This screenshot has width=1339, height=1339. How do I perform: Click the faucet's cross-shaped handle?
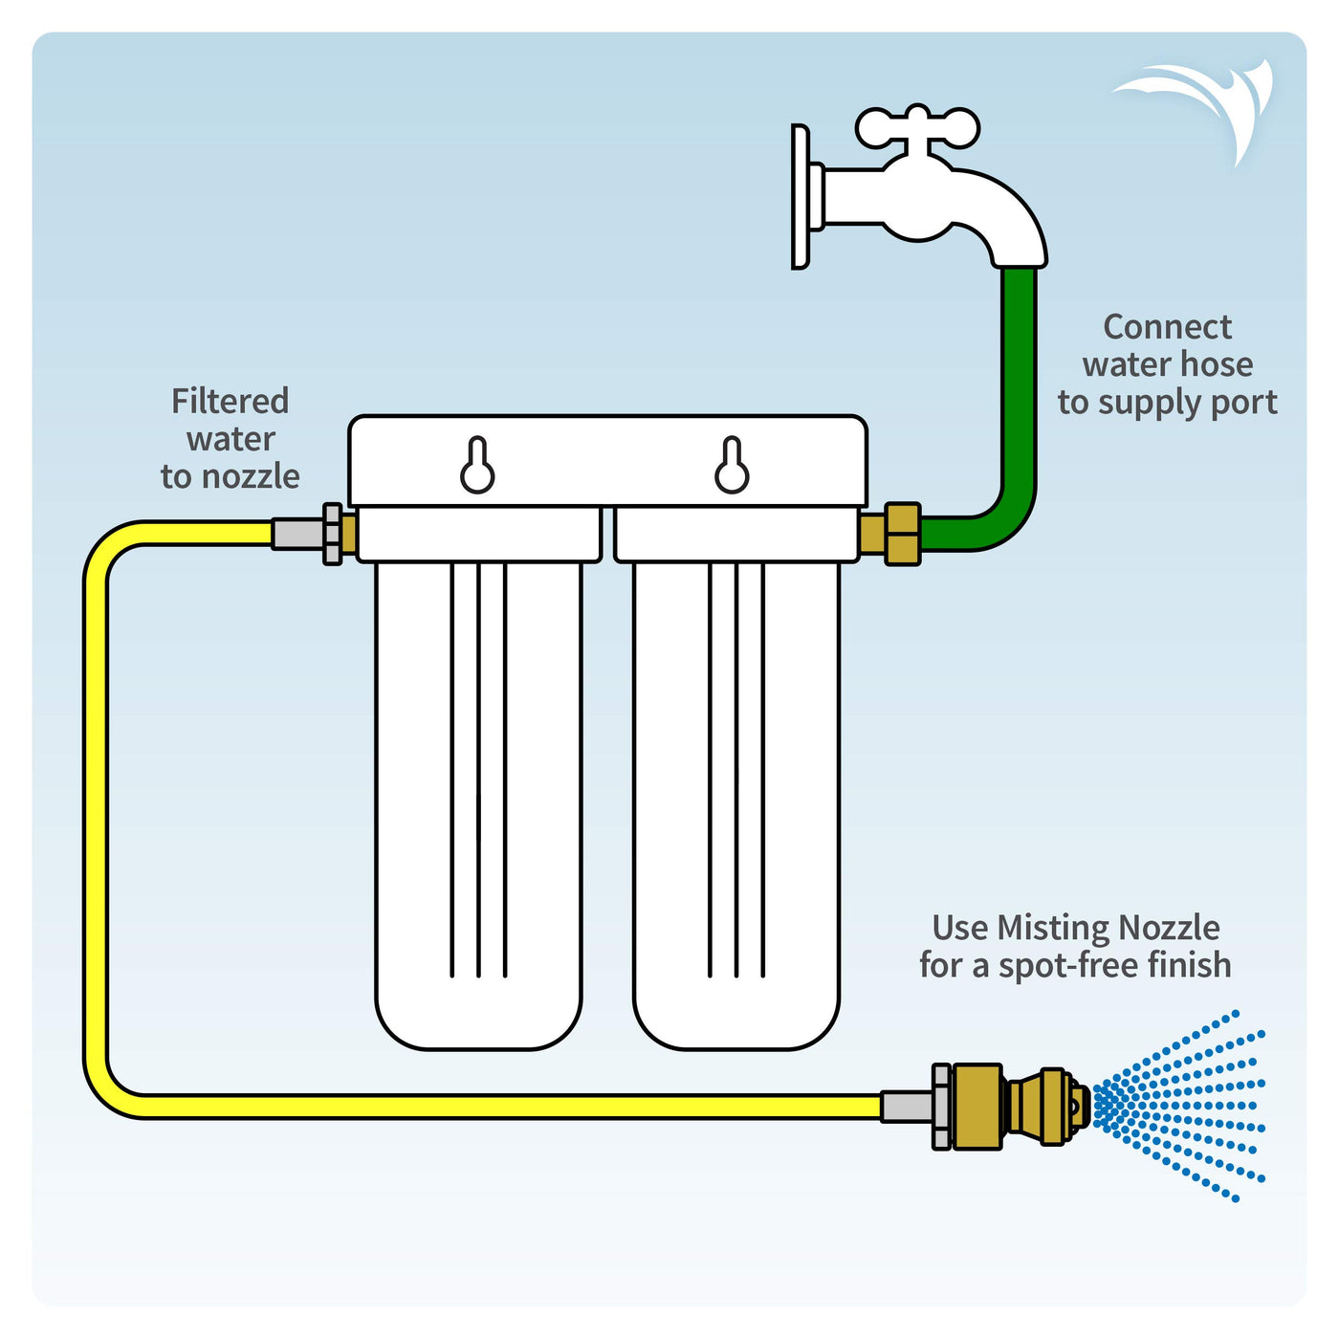pyautogui.click(x=917, y=127)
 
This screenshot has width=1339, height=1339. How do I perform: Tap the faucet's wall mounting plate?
pyautogui.click(x=801, y=197)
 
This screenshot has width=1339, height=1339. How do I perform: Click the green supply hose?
pyautogui.click(x=1020, y=402)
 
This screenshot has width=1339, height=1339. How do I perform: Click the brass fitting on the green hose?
pyautogui.click(x=902, y=534)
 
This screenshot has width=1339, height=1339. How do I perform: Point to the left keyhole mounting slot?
pyautogui.click(x=477, y=467)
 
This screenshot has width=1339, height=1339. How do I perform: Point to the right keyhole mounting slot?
pyautogui.click(x=732, y=467)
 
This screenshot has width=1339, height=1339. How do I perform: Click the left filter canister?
pyautogui.click(x=478, y=803)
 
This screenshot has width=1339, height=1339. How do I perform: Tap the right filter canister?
pyautogui.click(x=736, y=803)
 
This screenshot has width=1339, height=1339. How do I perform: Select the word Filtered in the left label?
pyautogui.click(x=230, y=402)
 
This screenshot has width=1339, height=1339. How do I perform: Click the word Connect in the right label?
pyautogui.click(x=1167, y=327)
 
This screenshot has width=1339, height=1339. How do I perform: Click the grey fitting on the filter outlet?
pyautogui.click(x=298, y=534)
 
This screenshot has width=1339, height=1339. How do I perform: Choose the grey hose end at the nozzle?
pyautogui.click(x=906, y=1107)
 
